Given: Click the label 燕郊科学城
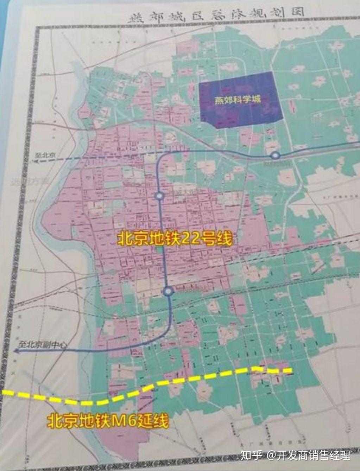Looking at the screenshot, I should coord(238,99).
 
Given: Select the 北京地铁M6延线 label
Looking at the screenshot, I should coord(108,421).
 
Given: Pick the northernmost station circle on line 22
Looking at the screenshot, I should coord(275,155).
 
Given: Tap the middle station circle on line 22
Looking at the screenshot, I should coord(159,196).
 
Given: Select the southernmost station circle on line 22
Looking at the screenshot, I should coord(168,291).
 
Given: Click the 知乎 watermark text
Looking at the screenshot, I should coord(251,455).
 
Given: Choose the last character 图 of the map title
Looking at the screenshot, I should coord(297,12).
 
